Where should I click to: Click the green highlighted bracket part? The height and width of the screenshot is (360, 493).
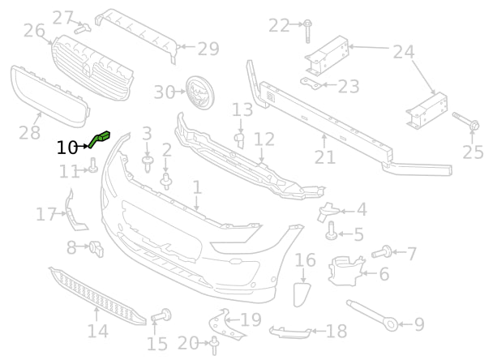click(103, 139)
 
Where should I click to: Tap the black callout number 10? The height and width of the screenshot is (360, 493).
click(67, 148)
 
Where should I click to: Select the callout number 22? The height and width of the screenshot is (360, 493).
click(278, 26)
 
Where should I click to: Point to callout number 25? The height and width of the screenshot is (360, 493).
click(473, 152)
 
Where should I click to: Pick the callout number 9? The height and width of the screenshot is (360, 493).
click(419, 325)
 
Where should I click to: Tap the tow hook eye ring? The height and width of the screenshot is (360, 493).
click(392, 325)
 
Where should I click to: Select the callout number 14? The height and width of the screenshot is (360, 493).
click(97, 331)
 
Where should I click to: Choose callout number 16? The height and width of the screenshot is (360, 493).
click(305, 260)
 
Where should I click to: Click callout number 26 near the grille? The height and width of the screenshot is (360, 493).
click(34, 31)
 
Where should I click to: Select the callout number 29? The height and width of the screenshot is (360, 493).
click(208, 49)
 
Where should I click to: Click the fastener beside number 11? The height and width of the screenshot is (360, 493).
click(93, 168)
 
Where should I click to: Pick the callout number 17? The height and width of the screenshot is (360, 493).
click(46, 215)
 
